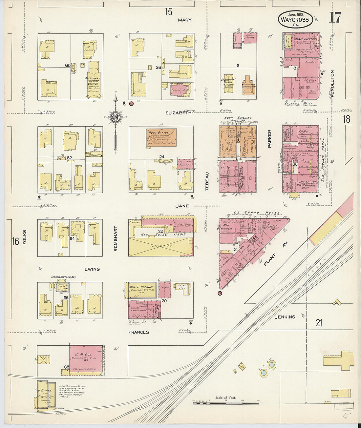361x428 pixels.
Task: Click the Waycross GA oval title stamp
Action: coord(295,19)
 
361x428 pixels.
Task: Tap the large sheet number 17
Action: coord(335,18)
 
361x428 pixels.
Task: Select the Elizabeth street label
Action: coord(178,113)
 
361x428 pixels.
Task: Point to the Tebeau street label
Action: coord(207,182)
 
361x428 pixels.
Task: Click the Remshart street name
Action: coord(115,238)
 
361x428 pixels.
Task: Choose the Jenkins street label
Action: coord(285,317)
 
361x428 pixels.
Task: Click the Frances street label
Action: coord(138,332)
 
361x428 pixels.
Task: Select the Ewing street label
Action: coord(92,269)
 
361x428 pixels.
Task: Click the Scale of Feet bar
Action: coord(226,402)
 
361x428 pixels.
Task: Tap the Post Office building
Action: coord(161,137)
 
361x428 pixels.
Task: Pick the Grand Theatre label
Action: coord(305,39)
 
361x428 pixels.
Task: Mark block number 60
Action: coord(68,65)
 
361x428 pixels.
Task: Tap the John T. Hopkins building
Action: coord(141,290)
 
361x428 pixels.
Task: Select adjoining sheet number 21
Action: coord(319,323)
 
